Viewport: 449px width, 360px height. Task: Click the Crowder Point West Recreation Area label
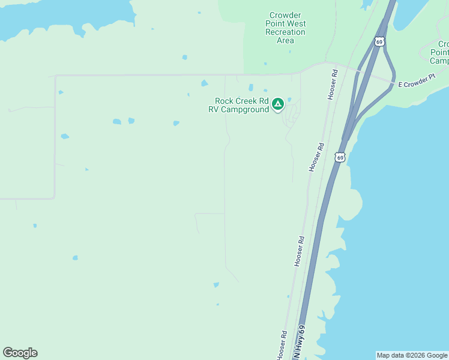pos(285,28)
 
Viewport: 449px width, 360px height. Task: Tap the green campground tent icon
pos(278,104)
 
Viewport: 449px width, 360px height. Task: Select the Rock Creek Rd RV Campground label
pos(242,105)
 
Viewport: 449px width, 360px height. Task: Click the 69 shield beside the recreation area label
pos(379,41)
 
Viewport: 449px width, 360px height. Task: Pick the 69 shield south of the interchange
pos(340,158)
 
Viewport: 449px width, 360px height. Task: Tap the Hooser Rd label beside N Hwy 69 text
pos(282,346)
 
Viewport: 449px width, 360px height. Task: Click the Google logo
pos(20,353)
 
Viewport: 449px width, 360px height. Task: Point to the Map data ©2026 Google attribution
pos(412,355)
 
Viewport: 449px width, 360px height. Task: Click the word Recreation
pos(285,32)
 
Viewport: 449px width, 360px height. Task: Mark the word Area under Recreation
pos(285,40)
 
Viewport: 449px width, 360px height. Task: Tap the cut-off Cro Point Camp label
pos(440,53)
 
